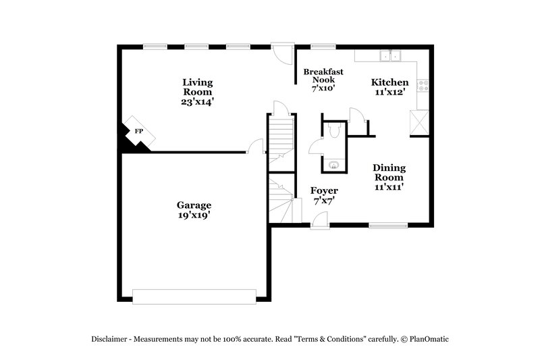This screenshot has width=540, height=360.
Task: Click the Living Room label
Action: click(x=197, y=87)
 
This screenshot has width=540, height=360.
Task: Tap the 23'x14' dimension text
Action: click(x=197, y=102)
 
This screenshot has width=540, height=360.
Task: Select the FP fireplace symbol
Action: click(x=138, y=131)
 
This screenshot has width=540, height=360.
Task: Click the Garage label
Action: click(x=194, y=205)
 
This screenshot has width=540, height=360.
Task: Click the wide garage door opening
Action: click(x=194, y=294)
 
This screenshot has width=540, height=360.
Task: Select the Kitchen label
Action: click(x=389, y=82)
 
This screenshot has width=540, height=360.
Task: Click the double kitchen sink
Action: click(x=389, y=56)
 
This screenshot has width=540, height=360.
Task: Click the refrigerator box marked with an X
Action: click(x=419, y=123)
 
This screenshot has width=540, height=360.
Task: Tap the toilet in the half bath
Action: click(x=333, y=131)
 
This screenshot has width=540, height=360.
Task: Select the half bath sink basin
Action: click(x=333, y=163)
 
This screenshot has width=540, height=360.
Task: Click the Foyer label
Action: click(x=323, y=191)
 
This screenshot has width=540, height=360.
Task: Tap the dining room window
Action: click(x=388, y=226)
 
